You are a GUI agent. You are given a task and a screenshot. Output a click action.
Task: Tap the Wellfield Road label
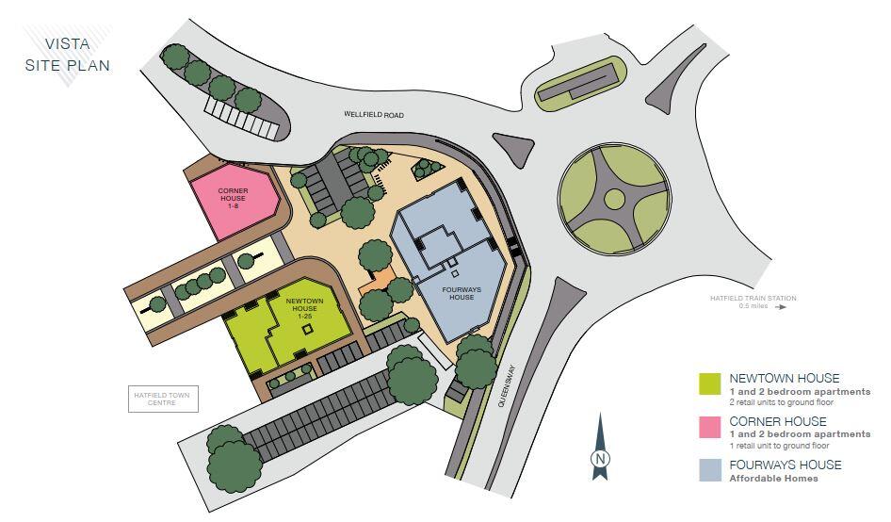click(373, 115)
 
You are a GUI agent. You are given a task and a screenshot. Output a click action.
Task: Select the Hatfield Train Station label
click(753, 299)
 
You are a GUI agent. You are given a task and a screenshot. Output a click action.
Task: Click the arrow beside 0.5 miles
click(778, 306)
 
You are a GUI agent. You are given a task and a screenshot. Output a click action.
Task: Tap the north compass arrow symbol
click(599, 449)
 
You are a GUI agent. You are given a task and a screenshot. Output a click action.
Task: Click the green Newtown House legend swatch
click(709, 383)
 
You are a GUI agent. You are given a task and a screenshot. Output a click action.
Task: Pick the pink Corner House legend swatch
click(709, 427)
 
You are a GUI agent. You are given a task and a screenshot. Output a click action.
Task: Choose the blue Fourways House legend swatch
click(709, 470)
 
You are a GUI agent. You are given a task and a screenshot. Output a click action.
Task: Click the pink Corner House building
click(234, 199)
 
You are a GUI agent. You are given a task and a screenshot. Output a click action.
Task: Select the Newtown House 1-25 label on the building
click(304, 307)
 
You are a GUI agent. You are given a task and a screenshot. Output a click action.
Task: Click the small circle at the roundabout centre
click(614, 198)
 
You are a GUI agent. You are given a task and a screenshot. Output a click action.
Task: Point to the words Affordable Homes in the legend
click(773, 478)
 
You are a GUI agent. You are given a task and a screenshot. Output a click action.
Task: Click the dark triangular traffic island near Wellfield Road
click(514, 149)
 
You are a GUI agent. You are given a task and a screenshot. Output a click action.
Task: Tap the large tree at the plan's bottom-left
click(234, 461)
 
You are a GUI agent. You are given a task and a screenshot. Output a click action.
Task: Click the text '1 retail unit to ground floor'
click(779, 445)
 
